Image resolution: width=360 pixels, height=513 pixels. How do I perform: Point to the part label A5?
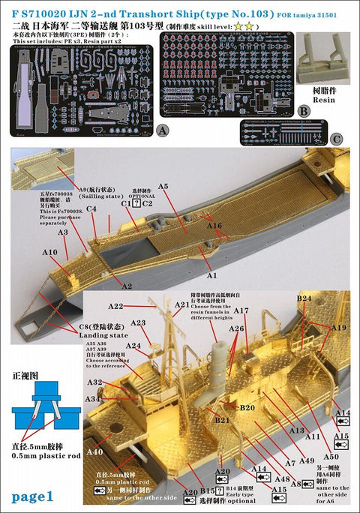[x=163, y=185]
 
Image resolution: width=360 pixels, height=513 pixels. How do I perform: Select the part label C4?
[x=91, y=209]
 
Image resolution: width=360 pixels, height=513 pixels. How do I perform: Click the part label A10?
[x=50, y=252]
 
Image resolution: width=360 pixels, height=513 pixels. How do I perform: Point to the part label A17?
[x=240, y=310]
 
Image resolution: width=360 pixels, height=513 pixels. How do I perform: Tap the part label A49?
[x=306, y=459]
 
